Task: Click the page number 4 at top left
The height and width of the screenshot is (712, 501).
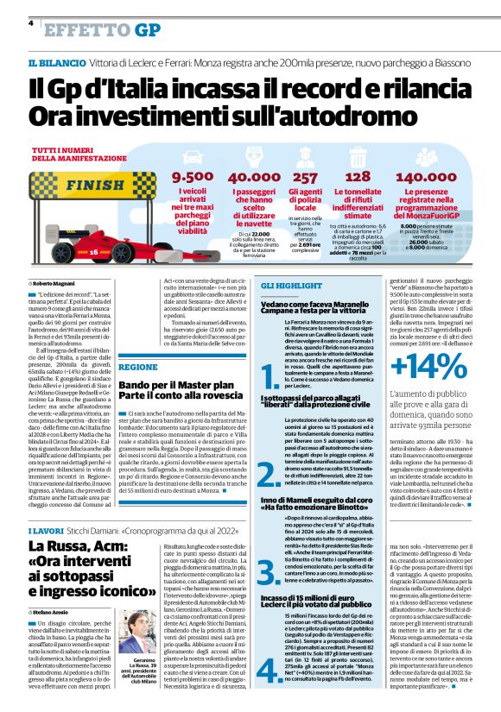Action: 31,23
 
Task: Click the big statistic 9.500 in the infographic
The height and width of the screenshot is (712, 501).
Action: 192,177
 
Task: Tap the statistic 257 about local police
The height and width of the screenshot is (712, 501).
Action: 307,177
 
